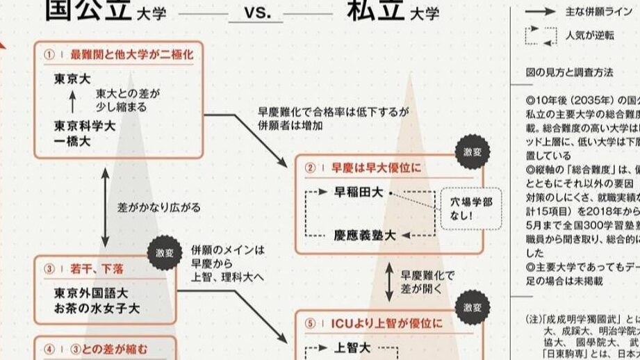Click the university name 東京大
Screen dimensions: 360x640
pos(73,79)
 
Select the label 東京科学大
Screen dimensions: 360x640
pos(85,126)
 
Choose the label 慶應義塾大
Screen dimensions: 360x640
pos(366,236)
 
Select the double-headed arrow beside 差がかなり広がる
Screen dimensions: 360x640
pos(105,207)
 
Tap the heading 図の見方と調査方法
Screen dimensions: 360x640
pos(569,72)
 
